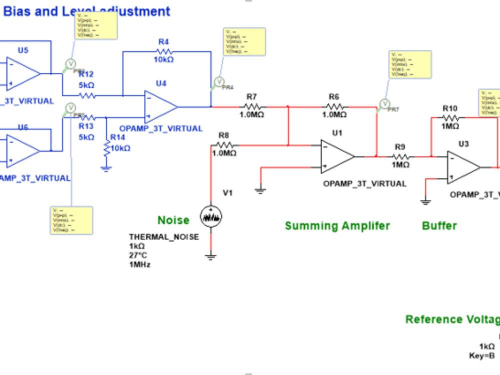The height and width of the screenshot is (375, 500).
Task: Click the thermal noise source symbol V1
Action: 211,216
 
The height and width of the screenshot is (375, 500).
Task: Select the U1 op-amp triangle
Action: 336,156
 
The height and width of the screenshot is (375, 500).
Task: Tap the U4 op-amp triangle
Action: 159,106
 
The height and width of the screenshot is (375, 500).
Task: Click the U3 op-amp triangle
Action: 462,167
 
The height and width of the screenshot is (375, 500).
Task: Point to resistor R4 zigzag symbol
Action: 164,51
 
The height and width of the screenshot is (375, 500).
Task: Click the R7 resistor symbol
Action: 252,106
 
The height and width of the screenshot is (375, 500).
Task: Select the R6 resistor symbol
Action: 334,106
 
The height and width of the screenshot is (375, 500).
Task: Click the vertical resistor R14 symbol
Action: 106,148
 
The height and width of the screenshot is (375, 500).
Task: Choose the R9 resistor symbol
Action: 399,156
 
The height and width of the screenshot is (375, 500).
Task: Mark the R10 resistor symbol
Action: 450,118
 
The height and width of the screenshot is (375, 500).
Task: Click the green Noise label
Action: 173,220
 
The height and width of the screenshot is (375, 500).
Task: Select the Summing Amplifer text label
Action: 337,226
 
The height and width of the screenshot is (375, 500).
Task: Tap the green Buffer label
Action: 439,226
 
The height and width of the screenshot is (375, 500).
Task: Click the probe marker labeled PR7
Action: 384,103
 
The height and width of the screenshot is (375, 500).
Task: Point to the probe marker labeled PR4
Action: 218,81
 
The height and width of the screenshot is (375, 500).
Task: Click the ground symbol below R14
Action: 106,168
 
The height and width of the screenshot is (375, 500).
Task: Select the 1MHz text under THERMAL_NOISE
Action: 139,264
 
